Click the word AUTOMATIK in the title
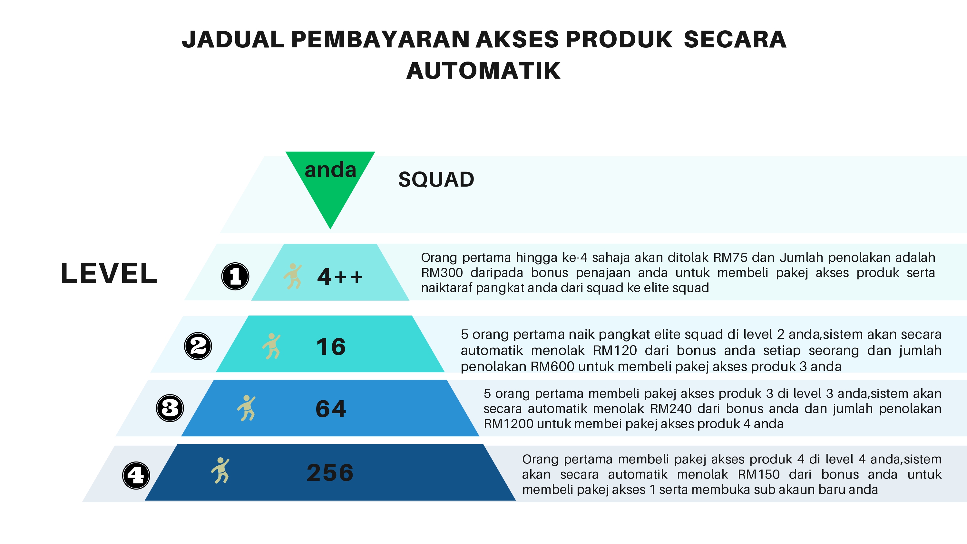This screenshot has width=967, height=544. pyautogui.click(x=484, y=71)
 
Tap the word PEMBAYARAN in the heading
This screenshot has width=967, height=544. pyautogui.click(x=380, y=39)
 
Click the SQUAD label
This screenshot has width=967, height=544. pyautogui.click(x=436, y=179)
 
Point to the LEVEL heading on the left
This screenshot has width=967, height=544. pyautogui.click(x=109, y=273)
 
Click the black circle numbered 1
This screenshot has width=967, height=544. pyautogui.click(x=235, y=276)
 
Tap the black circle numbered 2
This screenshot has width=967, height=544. pyautogui.click(x=198, y=346)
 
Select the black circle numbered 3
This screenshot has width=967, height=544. pyautogui.click(x=170, y=408)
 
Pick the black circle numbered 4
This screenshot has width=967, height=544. pyautogui.click(x=136, y=475)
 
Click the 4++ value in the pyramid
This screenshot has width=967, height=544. pyautogui.click(x=340, y=277)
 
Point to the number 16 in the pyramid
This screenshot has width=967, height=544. pyautogui.click(x=331, y=346)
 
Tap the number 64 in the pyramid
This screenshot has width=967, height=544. pyautogui.click(x=331, y=409)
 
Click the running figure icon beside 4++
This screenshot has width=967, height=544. pyautogui.click(x=293, y=276)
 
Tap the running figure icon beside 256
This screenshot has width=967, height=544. pyautogui.click(x=220, y=471)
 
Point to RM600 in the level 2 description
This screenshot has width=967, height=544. pyautogui.click(x=552, y=366)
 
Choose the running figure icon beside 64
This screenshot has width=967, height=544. pyautogui.click(x=247, y=408)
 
